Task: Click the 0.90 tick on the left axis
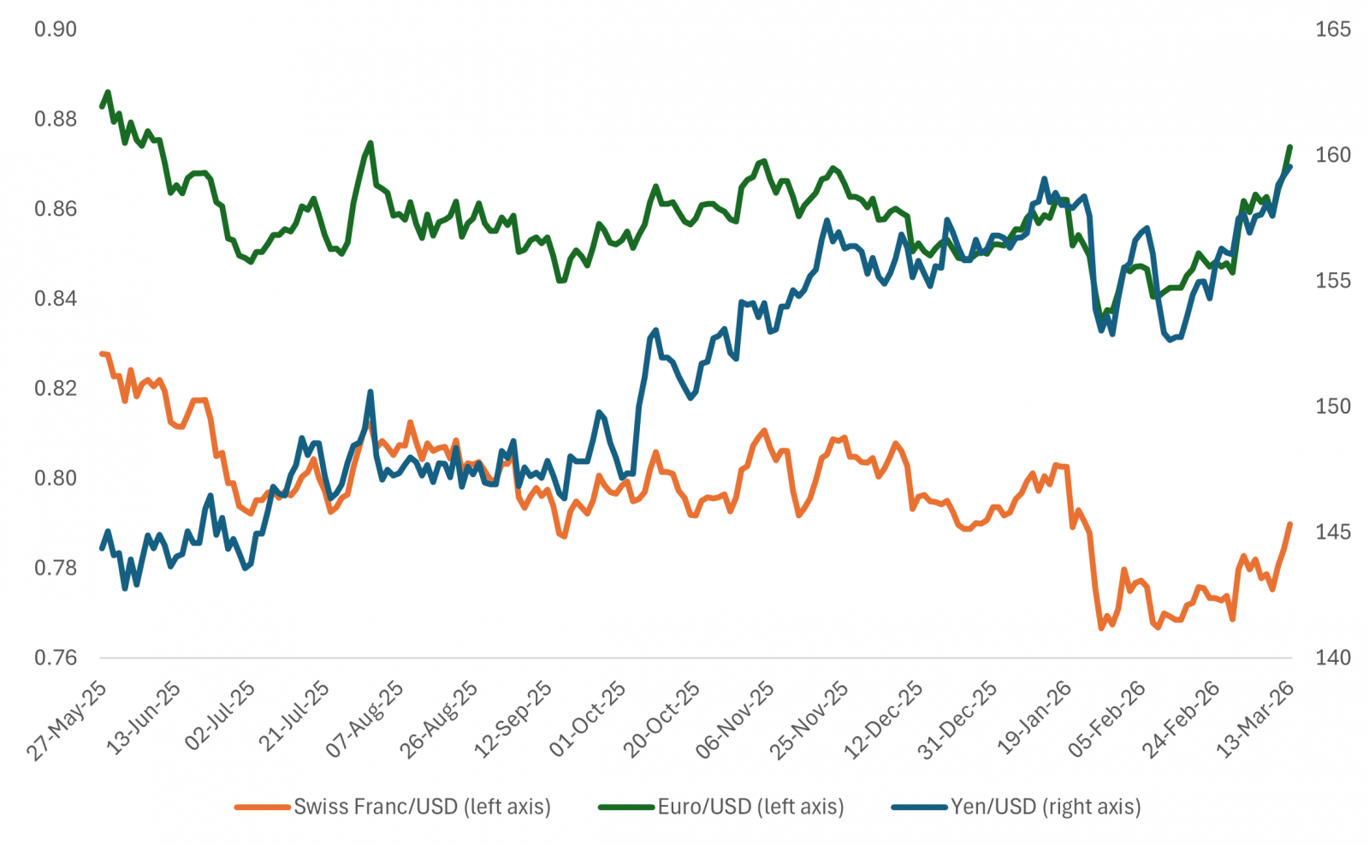click(55, 29)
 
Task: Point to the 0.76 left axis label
click(55, 658)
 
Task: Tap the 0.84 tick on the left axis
click(55, 298)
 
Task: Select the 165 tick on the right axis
click(1332, 29)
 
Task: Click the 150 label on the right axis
click(1332, 406)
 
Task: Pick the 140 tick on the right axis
click(1332, 658)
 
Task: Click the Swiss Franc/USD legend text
click(423, 807)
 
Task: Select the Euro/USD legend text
click(750, 807)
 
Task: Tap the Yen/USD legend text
click(1046, 807)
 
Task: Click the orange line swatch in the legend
click(263, 807)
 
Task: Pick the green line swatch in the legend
click(626, 807)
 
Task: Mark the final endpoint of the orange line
click(1290, 524)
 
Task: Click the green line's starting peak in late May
click(108, 92)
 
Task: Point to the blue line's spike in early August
click(370, 392)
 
